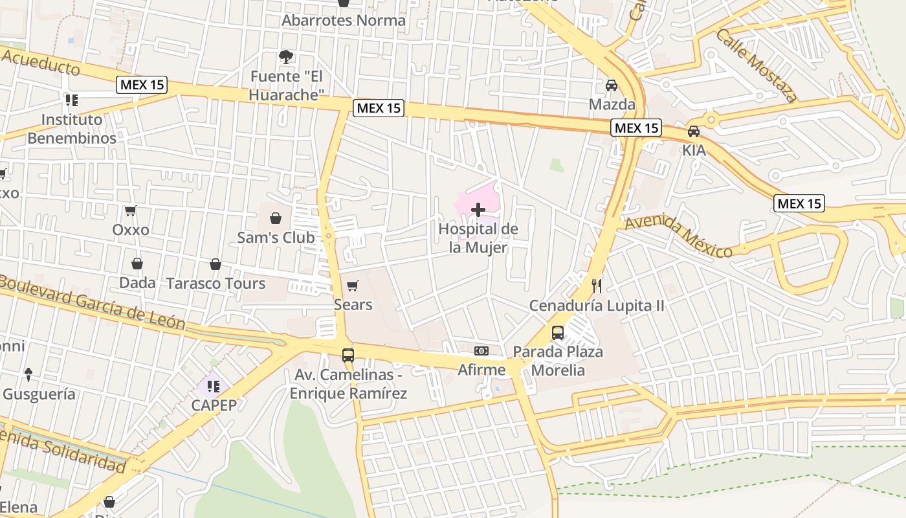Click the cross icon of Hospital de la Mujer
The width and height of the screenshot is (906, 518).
tap(478, 210)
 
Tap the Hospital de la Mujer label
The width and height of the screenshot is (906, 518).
tap(478, 238)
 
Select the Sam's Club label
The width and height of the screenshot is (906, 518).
tap(276, 238)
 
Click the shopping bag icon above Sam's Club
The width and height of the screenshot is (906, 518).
tap(276, 218)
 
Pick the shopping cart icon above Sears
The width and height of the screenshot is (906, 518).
tap(353, 286)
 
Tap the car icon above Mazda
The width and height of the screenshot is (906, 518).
tap(612, 85)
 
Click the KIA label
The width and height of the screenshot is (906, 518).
tap(694, 150)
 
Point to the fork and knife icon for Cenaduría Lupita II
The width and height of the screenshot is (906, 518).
tap(597, 286)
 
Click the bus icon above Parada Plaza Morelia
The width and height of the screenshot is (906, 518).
tap(558, 333)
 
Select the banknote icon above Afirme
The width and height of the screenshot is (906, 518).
tap(481, 351)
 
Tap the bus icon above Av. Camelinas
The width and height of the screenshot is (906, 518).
tap(348, 355)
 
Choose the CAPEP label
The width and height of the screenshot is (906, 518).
tap(214, 405)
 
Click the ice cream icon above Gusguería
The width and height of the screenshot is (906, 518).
tap(28, 374)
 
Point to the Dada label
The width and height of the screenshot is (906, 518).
tap(137, 283)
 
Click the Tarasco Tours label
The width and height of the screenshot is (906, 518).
tap(215, 283)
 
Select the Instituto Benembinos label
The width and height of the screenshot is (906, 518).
tap(72, 129)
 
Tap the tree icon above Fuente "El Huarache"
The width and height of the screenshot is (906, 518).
tap(285, 57)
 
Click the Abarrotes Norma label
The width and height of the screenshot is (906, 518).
tap(344, 20)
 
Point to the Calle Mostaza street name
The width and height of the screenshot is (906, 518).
tap(757, 65)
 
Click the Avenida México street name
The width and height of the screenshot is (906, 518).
tap(678, 237)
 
